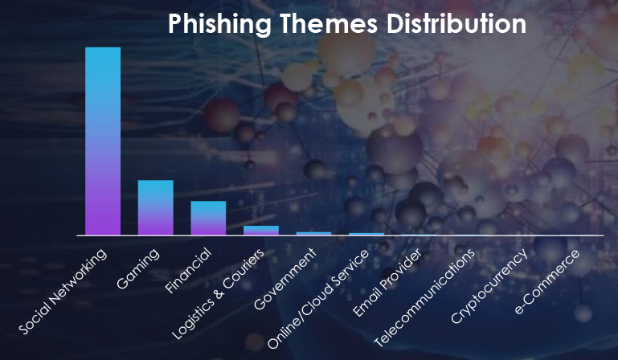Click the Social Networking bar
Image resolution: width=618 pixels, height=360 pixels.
(x=103, y=141)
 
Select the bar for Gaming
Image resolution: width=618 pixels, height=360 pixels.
(x=156, y=208)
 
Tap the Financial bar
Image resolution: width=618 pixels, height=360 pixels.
(x=208, y=218)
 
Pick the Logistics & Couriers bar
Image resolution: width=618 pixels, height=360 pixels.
(x=261, y=231)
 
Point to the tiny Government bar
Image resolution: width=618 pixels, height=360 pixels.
(x=313, y=234)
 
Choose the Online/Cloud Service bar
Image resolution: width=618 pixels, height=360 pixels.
(x=366, y=234)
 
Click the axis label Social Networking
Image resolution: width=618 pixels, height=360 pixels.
(x=63, y=292)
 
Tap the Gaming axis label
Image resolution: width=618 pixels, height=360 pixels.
(x=138, y=269)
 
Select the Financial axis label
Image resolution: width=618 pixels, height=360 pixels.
(x=189, y=272)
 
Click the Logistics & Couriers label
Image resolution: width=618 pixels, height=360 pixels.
(x=218, y=294)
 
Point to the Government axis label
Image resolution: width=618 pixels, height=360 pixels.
(x=285, y=279)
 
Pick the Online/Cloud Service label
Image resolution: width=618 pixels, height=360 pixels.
(x=318, y=299)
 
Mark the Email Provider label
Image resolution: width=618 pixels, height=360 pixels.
(x=387, y=282)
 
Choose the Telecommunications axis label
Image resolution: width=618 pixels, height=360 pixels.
(x=424, y=298)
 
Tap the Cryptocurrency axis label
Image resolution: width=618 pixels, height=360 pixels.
(x=489, y=286)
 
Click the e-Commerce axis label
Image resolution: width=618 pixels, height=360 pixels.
(x=547, y=281)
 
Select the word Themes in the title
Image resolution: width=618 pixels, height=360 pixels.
(x=329, y=23)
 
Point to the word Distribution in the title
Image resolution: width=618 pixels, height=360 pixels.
(x=456, y=23)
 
